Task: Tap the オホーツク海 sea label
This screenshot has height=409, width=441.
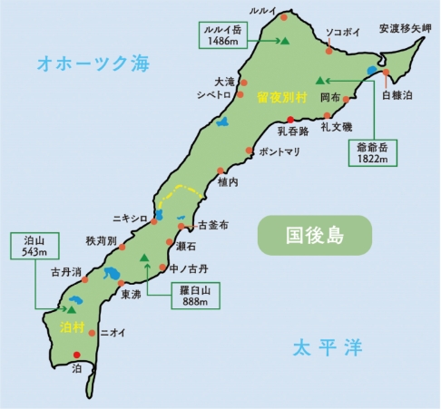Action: [92, 63]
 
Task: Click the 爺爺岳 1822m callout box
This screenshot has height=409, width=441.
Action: [374, 151]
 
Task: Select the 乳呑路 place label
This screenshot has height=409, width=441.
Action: [292, 131]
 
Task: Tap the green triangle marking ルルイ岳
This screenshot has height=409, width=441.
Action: [285, 41]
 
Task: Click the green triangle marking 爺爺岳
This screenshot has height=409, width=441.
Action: [320, 78]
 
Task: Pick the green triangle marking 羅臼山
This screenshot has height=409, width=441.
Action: [145, 258]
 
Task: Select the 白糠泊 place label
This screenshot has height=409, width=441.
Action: [396, 94]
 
